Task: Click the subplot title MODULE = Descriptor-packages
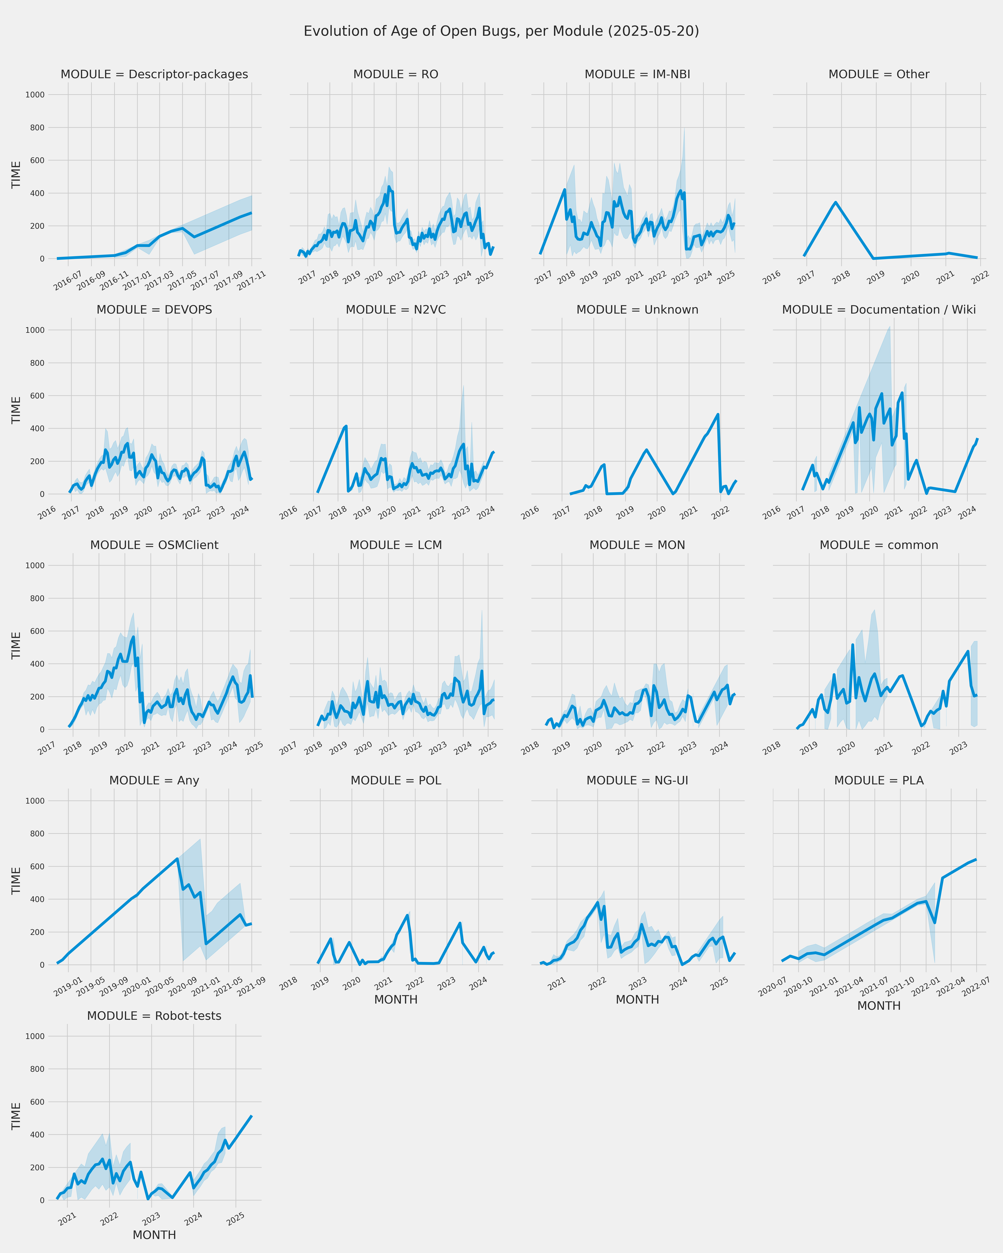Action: coord(154,74)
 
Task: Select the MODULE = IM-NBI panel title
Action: coord(637,74)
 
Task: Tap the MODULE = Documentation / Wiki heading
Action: coord(879,310)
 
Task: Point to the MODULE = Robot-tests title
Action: coord(154,1016)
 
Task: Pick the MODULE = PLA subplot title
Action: coord(879,781)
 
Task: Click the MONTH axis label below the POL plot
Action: coord(396,1000)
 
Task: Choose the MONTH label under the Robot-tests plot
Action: coord(154,1235)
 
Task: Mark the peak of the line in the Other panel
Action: coord(835,202)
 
